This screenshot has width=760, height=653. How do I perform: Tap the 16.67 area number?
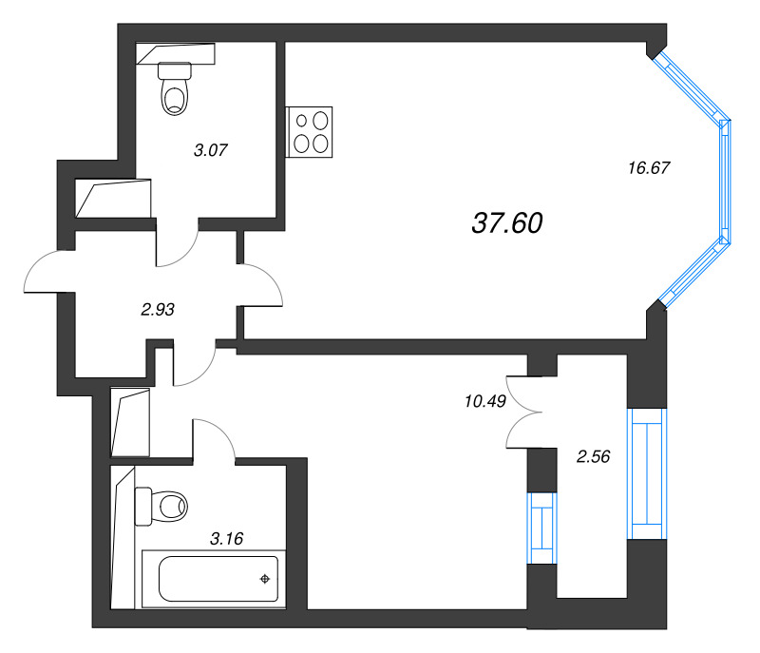coord(649,168)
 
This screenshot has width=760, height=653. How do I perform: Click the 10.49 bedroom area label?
coord(483,400)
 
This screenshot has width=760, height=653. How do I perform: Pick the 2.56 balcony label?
coord(593,456)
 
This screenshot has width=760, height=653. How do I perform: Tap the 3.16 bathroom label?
coord(226,539)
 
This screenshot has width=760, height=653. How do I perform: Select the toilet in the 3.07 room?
coord(174,87)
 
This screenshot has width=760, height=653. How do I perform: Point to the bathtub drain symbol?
coord(265,579)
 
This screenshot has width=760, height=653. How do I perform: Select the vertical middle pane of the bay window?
coord(726,182)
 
